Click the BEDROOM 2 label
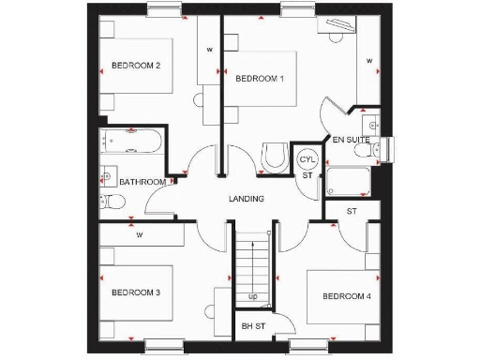coord(137,66)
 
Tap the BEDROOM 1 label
coord(260,79)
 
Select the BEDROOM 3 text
coord(137,293)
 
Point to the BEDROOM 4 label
coord(347,296)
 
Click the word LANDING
coord(247,199)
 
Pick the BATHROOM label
coord(143,181)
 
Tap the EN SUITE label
coord(352,141)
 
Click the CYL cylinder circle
coord(307,159)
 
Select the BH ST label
coord(253,326)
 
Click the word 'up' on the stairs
coord(253,297)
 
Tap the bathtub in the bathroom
coord(130,143)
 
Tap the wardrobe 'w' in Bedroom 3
coord(140,234)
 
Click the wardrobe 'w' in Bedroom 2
coord(209,49)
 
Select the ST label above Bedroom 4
coord(352,212)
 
